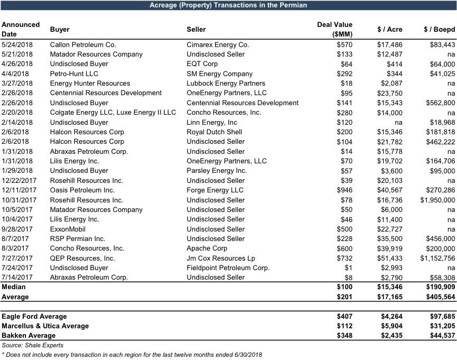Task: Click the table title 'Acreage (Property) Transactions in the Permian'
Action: [228, 5]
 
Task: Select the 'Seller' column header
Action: [197, 30]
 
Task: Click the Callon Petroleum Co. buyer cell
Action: [83, 45]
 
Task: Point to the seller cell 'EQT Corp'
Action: [202, 64]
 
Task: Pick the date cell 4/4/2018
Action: [15, 74]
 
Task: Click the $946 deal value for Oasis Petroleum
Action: [344, 190]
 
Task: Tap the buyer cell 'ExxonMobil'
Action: [68, 229]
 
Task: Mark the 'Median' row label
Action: [14, 287]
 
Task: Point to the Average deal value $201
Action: [344, 297]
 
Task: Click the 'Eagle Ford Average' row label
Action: [34, 317]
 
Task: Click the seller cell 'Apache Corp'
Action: [207, 248]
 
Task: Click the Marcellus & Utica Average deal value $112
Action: [344, 326]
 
